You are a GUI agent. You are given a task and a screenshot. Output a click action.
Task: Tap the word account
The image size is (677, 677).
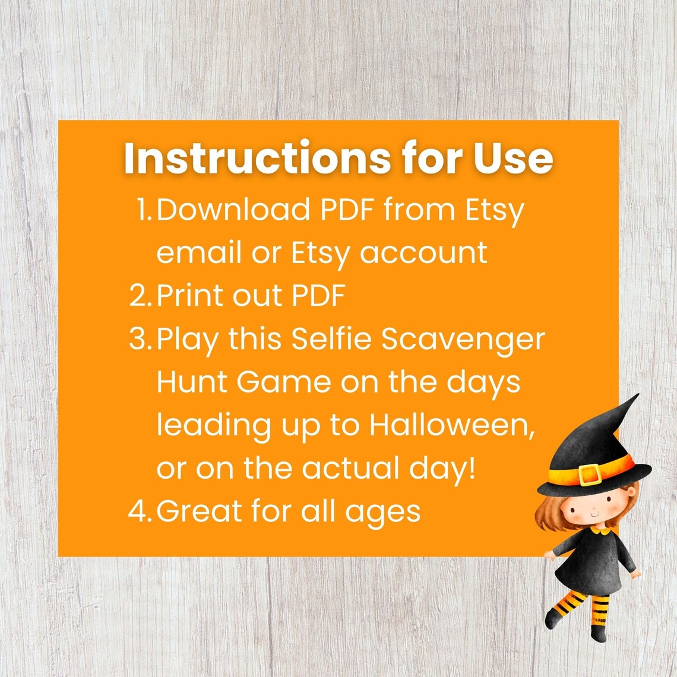(423, 252)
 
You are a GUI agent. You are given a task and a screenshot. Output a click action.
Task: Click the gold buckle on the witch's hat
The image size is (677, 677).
(590, 474)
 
